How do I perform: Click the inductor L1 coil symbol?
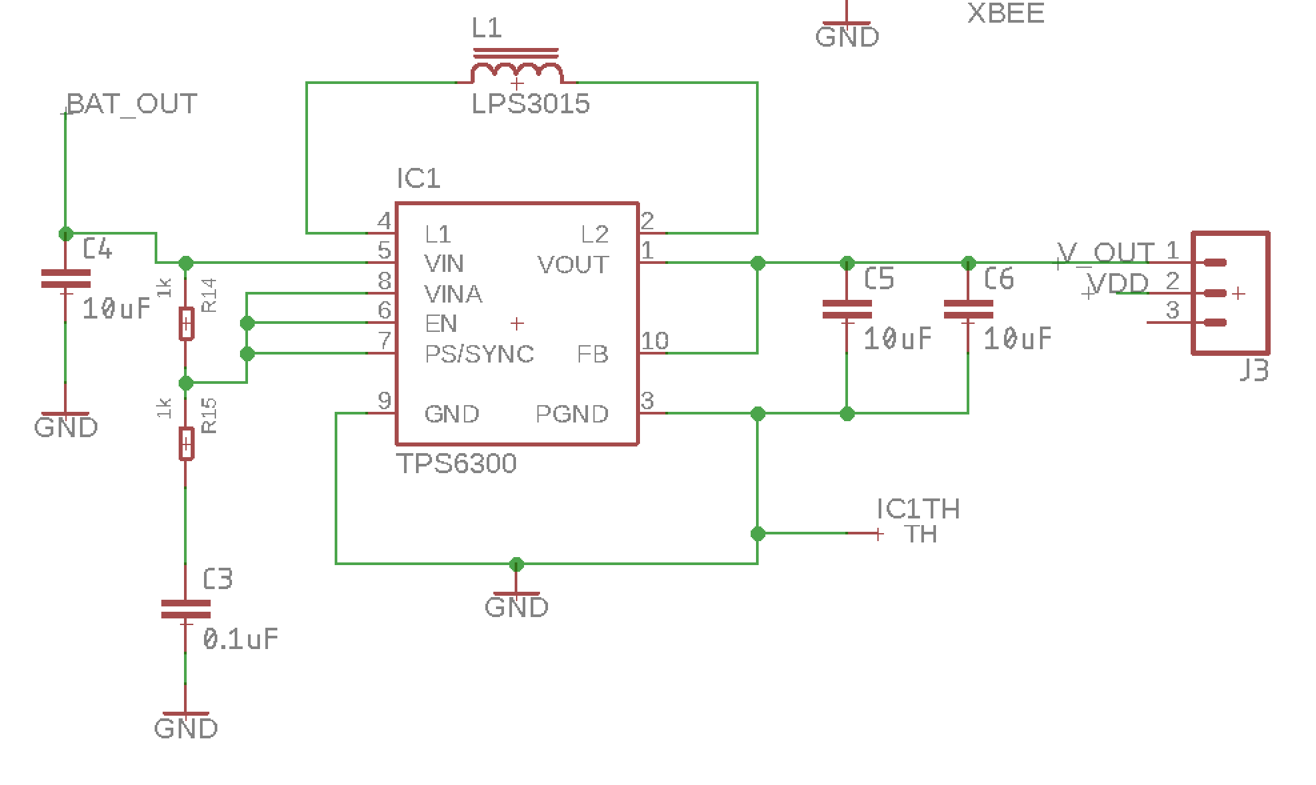pos(516,67)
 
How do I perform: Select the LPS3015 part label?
pos(531,104)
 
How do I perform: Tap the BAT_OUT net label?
pos(132,104)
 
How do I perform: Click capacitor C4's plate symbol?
pos(65,279)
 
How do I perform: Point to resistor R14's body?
pos(187,324)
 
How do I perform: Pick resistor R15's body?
pos(187,444)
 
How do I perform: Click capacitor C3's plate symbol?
pos(186,609)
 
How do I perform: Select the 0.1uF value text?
pos(241,640)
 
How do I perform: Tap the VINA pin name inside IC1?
pos(453,294)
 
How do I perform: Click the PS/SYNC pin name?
pos(479,354)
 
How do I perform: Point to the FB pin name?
pos(593,354)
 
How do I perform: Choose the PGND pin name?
pos(572,414)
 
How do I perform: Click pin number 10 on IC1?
pos(655,341)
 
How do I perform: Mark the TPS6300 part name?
pos(457,464)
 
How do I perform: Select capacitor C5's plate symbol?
pos(847,309)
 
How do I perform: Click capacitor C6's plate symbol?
pos(968,309)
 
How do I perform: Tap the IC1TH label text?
pos(919,509)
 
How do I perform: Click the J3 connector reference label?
pos(1253,370)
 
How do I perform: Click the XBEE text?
pos(1005,13)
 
